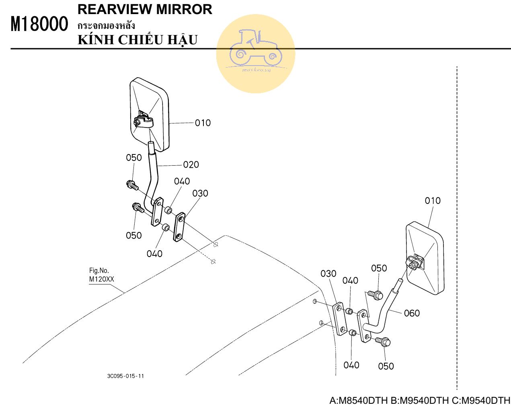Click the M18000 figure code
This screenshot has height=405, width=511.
[x=39, y=24]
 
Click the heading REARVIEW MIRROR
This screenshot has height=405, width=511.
[x=145, y=9]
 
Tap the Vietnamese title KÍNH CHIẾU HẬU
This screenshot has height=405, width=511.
[x=137, y=40]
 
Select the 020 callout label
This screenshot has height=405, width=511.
[x=191, y=164]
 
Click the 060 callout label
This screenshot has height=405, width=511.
[x=412, y=313]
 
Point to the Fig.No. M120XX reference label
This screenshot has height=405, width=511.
[x=101, y=275]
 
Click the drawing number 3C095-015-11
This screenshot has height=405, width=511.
[x=125, y=376]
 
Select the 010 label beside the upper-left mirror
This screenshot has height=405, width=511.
[x=203, y=123]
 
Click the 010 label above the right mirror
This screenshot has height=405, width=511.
[x=433, y=201]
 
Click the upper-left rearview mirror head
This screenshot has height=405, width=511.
[x=149, y=115]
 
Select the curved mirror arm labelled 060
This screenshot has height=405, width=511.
[x=386, y=311]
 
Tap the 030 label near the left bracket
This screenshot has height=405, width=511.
[x=200, y=193]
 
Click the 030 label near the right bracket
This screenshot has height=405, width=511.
[x=328, y=274]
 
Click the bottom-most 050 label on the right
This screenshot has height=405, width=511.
[x=386, y=366]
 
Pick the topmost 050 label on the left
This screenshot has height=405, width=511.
[x=134, y=158]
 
